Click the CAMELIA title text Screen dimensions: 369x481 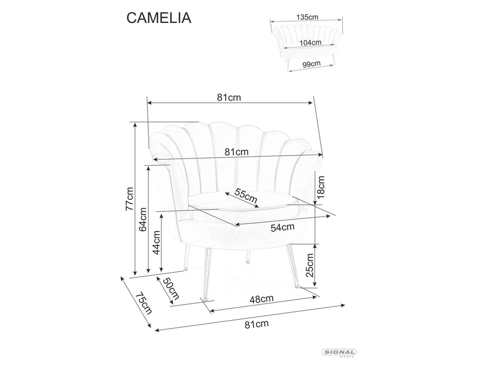click(x=159, y=18)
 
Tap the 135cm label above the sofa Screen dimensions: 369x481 click(x=307, y=17)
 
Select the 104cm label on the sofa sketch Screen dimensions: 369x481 click(x=310, y=43)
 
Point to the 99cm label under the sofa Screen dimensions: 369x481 click(x=311, y=63)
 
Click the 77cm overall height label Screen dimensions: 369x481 click(x=129, y=199)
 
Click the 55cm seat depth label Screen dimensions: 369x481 click(x=246, y=196)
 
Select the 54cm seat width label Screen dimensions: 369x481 click(x=282, y=228)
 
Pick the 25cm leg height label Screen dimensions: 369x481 click(x=310, y=265)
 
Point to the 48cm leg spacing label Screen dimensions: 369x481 click(x=261, y=299)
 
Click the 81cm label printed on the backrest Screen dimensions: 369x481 click(x=236, y=152)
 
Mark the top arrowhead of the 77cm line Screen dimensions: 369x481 click(x=135, y=124)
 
